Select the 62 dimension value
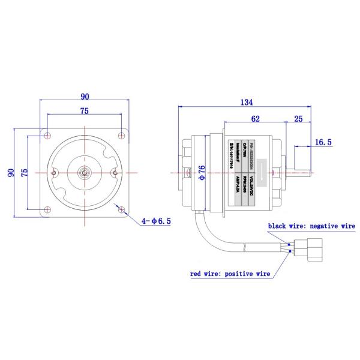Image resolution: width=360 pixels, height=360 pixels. tap(256, 119)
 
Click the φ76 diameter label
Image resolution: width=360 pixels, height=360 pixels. tap(202, 172)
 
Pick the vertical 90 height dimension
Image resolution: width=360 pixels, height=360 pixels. tap(10, 172)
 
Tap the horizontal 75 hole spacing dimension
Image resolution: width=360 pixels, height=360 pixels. tap(85, 110)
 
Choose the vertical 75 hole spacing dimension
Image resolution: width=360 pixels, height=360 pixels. tap(24, 172)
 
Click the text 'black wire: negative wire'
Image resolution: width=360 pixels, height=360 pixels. tap(311, 226)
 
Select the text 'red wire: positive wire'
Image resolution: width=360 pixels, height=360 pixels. tap(230, 274)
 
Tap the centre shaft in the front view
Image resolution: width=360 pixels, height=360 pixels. tap(85, 172)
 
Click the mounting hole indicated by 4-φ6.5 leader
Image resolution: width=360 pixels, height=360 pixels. tap(122, 210)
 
